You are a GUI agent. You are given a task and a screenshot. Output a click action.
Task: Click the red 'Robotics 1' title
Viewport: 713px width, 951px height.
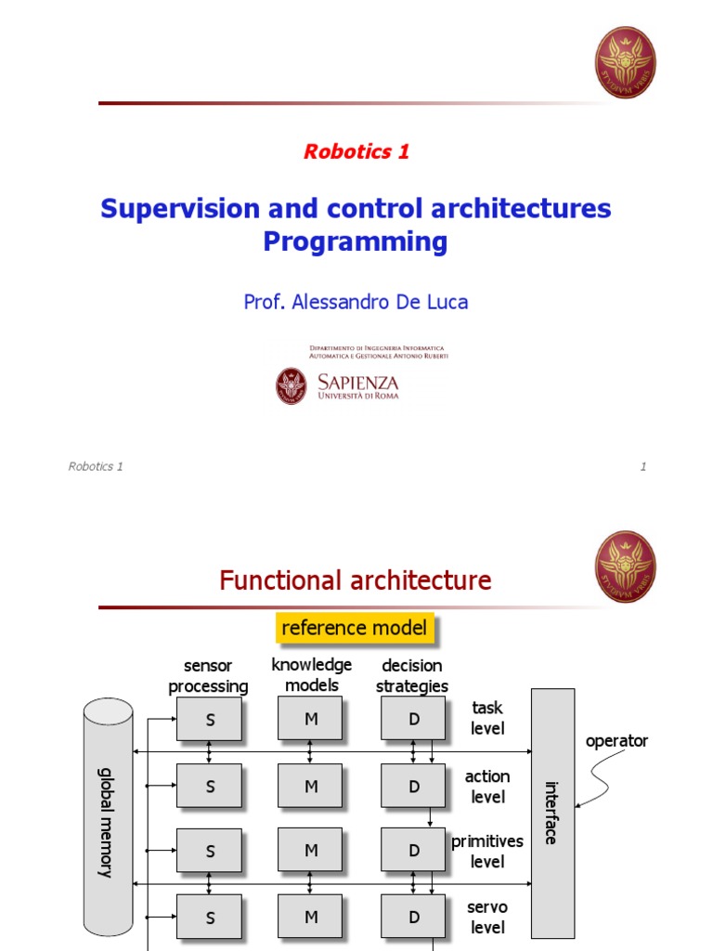click(356, 152)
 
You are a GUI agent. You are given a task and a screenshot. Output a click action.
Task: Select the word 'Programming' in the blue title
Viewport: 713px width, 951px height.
click(355, 241)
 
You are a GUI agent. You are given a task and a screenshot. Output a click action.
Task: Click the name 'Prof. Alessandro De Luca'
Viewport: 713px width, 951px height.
click(356, 302)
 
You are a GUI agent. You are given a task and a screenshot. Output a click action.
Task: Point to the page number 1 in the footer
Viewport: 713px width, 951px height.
click(642, 466)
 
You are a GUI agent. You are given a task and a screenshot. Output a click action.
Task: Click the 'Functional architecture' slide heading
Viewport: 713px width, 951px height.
click(355, 581)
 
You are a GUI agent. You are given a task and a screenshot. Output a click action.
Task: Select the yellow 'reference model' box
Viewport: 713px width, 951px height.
click(354, 629)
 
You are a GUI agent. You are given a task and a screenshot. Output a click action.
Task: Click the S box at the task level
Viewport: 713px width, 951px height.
click(210, 720)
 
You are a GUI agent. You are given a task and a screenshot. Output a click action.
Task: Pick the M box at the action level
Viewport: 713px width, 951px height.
click(311, 786)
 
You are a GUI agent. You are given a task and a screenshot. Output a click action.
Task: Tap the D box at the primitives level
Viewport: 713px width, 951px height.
click(414, 851)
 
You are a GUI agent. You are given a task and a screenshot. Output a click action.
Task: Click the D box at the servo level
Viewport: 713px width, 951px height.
click(414, 917)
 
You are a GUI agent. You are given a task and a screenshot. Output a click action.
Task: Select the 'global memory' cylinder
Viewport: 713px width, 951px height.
click(108, 817)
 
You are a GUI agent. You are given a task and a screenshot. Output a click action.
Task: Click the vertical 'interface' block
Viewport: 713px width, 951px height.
click(552, 813)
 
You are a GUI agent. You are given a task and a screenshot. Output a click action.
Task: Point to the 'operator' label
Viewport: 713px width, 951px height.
click(616, 741)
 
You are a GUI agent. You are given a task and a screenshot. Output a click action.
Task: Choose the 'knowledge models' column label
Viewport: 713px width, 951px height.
click(312, 675)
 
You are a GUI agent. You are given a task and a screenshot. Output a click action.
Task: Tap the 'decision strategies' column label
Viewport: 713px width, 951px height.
click(412, 676)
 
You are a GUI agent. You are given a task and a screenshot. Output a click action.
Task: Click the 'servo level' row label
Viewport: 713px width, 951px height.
click(486, 917)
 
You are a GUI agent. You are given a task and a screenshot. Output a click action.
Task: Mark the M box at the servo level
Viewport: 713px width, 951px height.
click(311, 917)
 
